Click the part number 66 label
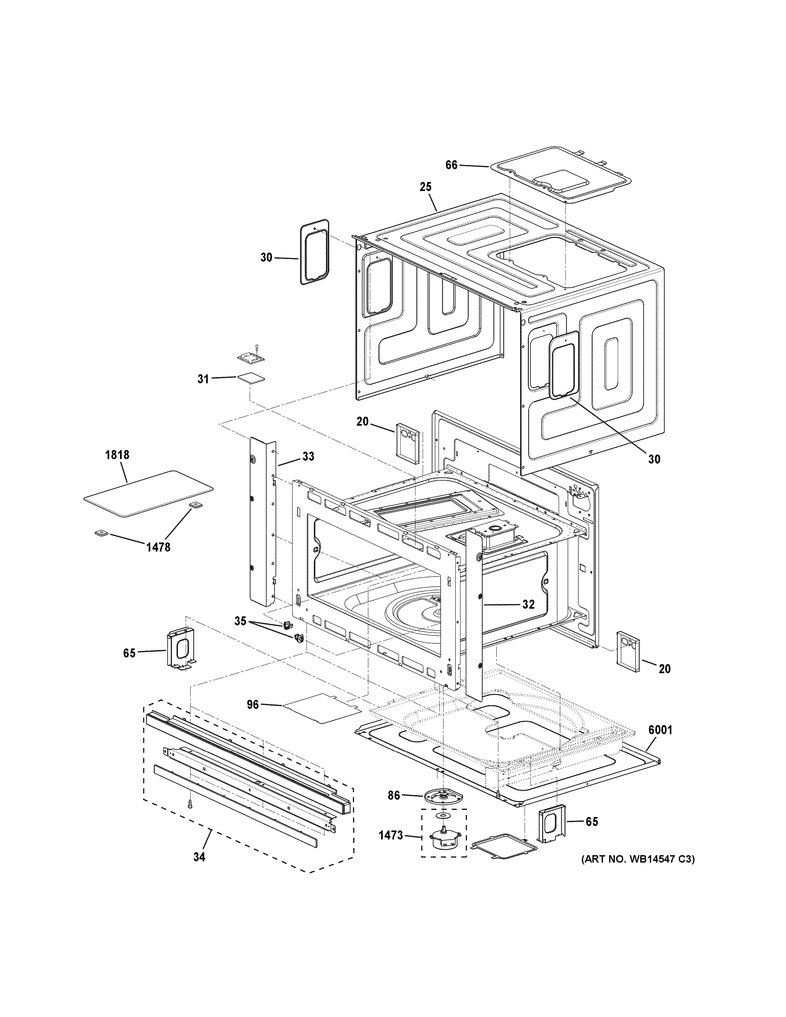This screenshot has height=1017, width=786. pos(451,165)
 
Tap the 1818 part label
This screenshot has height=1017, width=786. pos(117,455)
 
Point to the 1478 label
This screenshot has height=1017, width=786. pos(158,548)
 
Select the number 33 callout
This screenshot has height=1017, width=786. pos(308,456)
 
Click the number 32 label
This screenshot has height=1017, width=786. pos(528,604)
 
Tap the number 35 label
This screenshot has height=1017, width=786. pos(240,621)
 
